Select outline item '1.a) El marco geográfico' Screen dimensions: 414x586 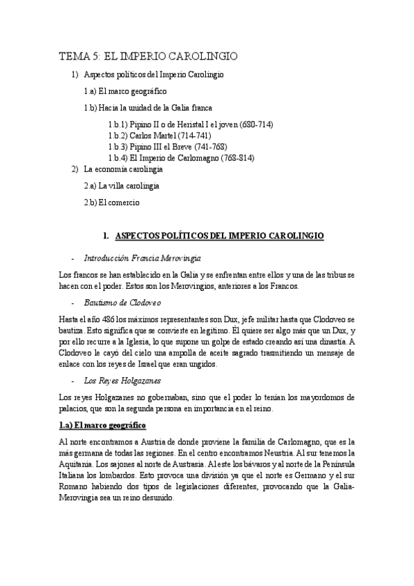(x=125, y=91)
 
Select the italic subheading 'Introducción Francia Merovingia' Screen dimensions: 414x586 (x=142, y=258)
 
